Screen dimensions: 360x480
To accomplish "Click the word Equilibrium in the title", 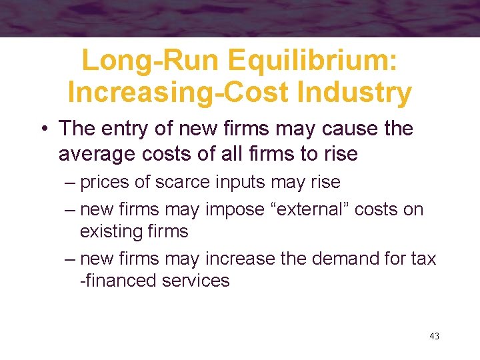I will coord(313,61).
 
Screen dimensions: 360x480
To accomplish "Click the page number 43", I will coord(434,336).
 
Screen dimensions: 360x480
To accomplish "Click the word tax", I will coord(421,258).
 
